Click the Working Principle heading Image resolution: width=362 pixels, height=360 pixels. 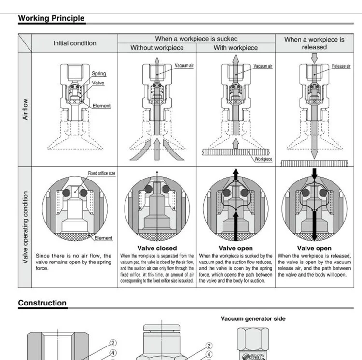(51, 19)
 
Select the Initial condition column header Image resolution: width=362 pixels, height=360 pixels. (74, 43)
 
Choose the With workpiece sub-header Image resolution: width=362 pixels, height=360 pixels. (236, 48)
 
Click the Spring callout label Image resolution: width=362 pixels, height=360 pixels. (98, 74)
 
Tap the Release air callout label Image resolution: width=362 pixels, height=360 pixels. (341, 66)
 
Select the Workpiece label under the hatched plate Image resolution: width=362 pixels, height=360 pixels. (263, 159)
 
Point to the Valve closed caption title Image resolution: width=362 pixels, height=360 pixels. (157, 249)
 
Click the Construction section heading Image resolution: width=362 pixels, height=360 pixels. (42, 303)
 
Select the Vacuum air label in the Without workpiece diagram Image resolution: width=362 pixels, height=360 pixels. (184, 66)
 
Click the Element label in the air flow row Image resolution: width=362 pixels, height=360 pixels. (101, 106)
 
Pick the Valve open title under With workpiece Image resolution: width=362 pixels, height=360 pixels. (236, 249)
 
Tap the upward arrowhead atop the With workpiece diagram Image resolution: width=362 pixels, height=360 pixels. (236, 57)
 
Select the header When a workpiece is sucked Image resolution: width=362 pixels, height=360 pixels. (196, 39)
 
